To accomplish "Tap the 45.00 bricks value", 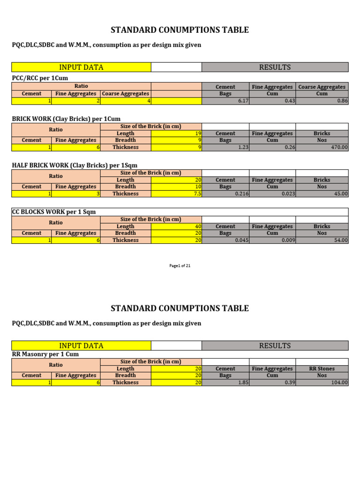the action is (341, 194).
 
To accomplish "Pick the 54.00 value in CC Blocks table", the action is (341, 240).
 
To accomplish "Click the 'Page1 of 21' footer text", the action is (180, 266).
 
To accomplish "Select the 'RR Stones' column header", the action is (322, 369).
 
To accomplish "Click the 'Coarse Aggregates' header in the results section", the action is (322, 87).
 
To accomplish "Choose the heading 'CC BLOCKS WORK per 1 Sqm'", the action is (54, 212).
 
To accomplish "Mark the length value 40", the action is (198, 226).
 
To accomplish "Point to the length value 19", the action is (198, 134).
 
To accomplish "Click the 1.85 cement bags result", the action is (243, 382).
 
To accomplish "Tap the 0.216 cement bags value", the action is (241, 194).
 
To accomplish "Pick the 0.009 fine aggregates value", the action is (288, 240).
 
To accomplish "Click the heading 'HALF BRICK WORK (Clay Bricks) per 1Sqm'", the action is (75, 165).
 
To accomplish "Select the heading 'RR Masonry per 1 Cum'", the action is (45, 354).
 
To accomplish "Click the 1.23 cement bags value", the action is (243, 147).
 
